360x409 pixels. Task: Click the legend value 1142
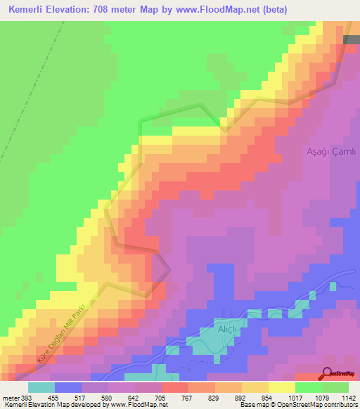point(348,398)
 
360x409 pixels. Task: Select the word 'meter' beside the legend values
point(10,398)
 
